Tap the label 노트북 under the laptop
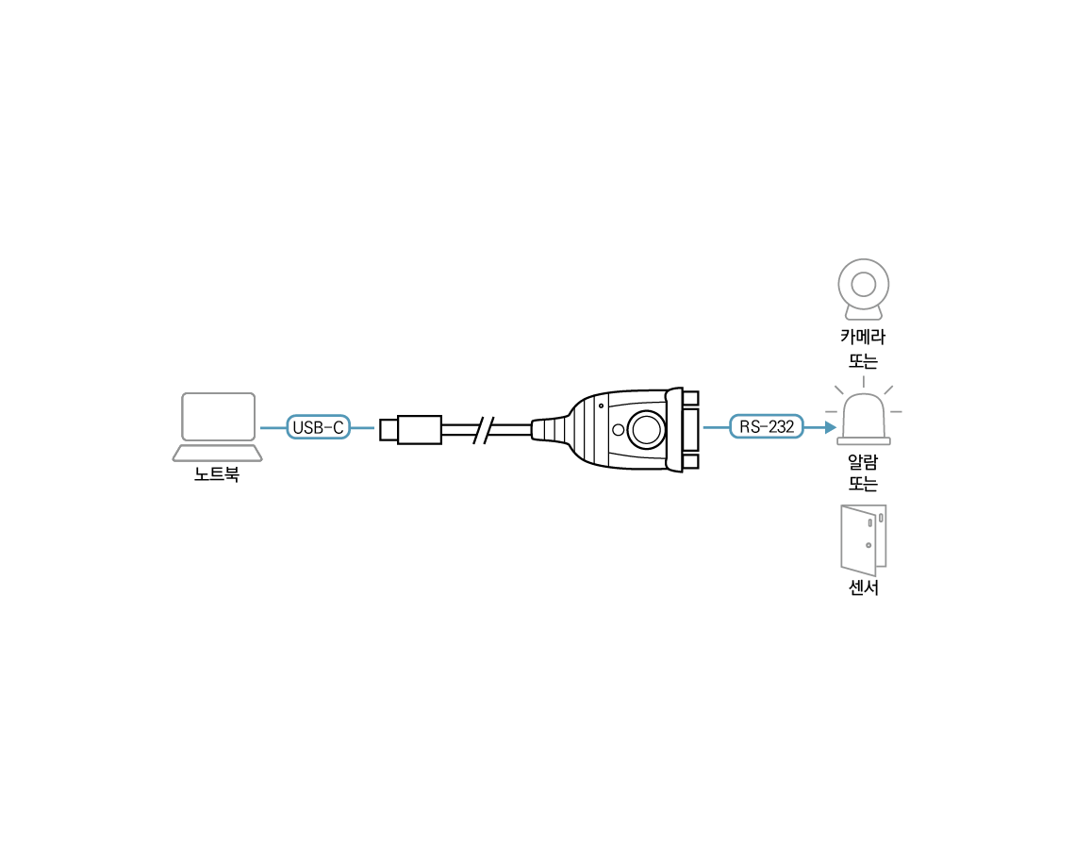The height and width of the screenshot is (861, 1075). [217, 474]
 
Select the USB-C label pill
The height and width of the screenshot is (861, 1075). [318, 427]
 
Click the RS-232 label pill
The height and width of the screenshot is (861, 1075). [766, 427]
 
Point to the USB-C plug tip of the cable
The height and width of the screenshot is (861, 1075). [389, 428]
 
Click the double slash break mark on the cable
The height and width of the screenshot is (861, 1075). [484, 429]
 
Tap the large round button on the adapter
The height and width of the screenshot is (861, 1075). [646, 429]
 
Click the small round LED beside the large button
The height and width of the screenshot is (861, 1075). [619, 430]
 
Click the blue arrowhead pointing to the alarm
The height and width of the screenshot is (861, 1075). [830, 427]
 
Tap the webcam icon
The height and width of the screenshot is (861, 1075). [863, 290]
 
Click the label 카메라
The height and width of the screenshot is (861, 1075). [863, 337]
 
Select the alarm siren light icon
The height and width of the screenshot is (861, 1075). [864, 419]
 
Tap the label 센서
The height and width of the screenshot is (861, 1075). [863, 588]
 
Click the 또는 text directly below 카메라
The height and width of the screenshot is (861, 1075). [863, 360]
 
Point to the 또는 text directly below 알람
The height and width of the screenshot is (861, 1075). [863, 484]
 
